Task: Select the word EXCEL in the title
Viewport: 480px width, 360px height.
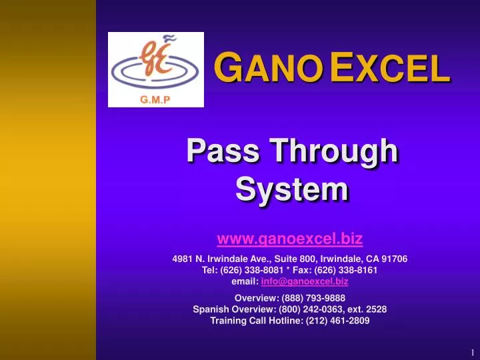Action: click(389, 69)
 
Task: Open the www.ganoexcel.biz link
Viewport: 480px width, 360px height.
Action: click(290, 238)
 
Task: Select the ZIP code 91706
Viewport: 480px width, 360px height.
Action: click(394, 259)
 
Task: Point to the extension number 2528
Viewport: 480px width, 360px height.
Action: click(375, 309)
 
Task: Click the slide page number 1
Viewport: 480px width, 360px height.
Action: click(471, 352)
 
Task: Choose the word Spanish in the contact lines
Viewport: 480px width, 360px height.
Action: click(211, 309)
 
